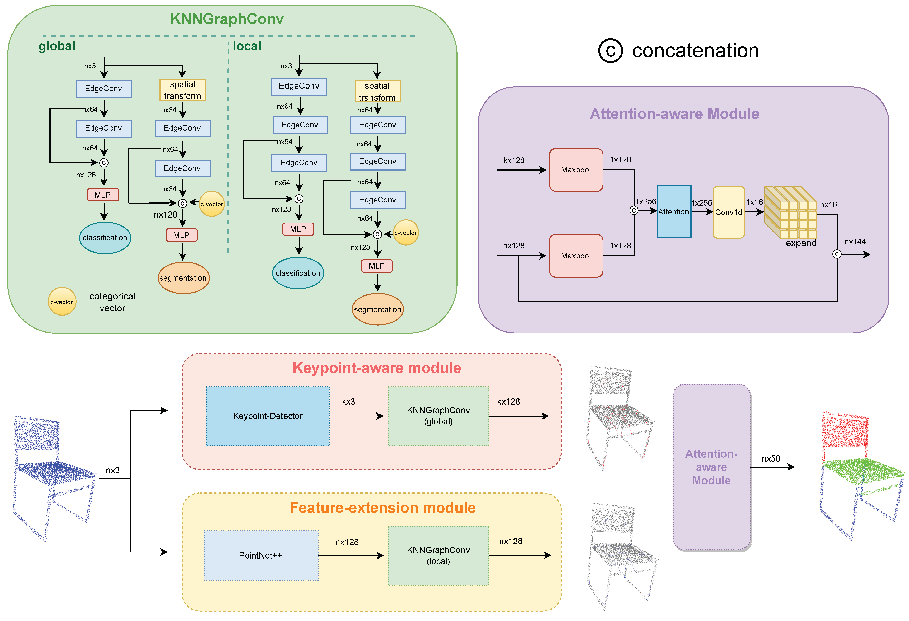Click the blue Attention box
point(674,211)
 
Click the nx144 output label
point(855,242)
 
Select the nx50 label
point(771,458)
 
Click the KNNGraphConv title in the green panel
point(227,19)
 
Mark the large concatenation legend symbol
point(610,51)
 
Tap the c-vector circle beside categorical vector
point(62,302)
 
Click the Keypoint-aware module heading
point(377,368)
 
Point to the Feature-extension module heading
point(383,508)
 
